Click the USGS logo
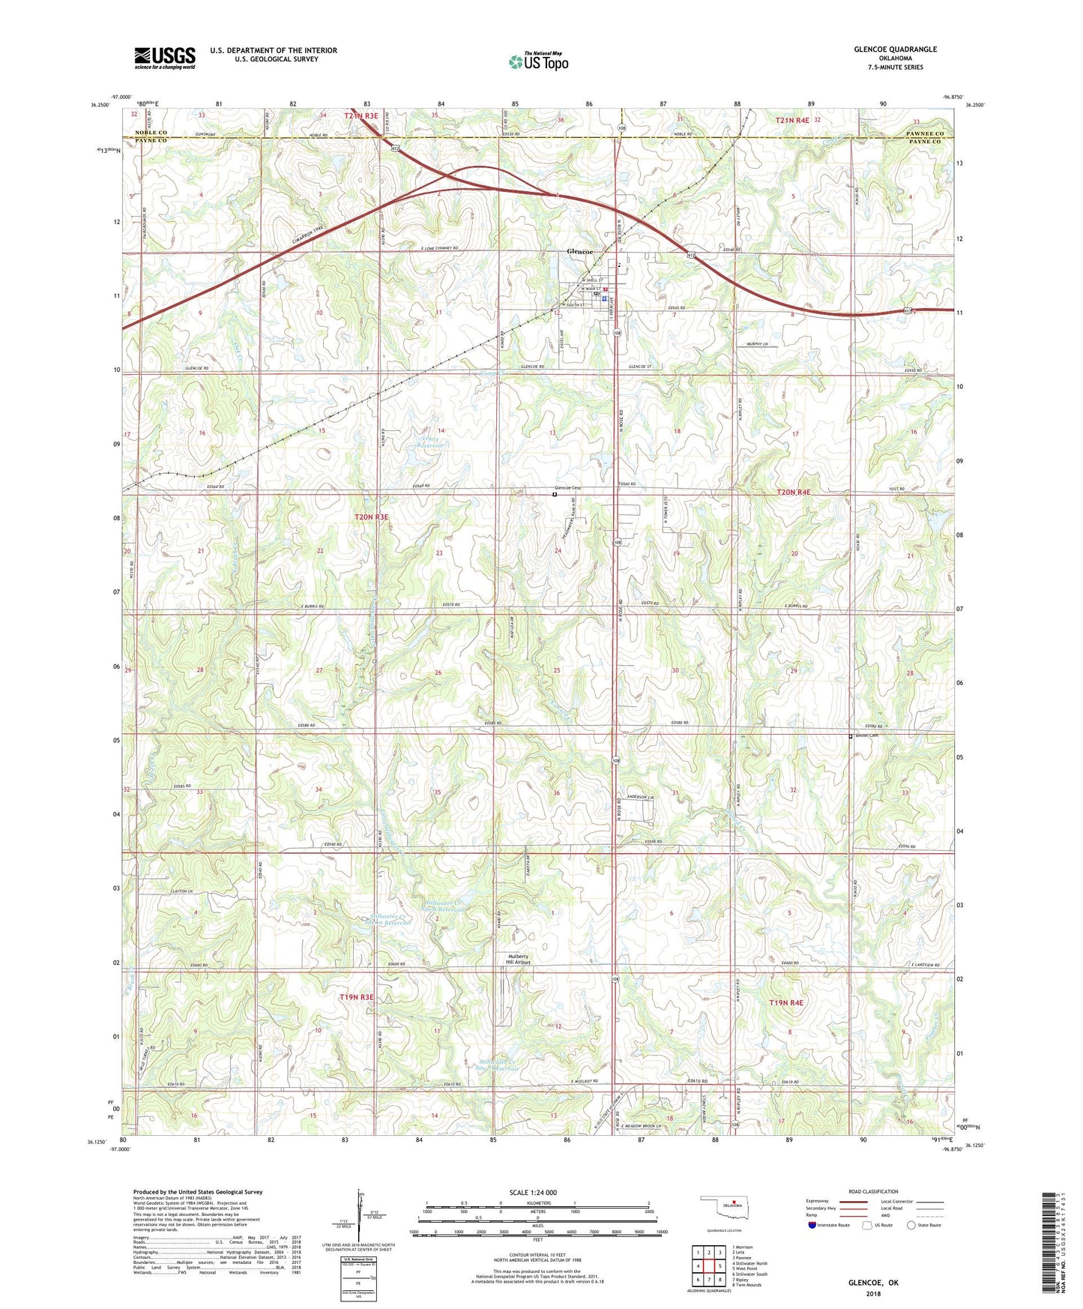click(x=165, y=58)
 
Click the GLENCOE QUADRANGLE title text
click(x=895, y=49)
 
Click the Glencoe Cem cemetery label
click(x=568, y=489)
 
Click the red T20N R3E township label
click(x=372, y=517)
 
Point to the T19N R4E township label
click(x=785, y=1002)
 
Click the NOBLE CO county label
click(x=151, y=133)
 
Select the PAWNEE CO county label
click(x=926, y=133)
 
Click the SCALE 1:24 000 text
click(x=533, y=1193)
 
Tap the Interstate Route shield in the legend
click(x=813, y=1225)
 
